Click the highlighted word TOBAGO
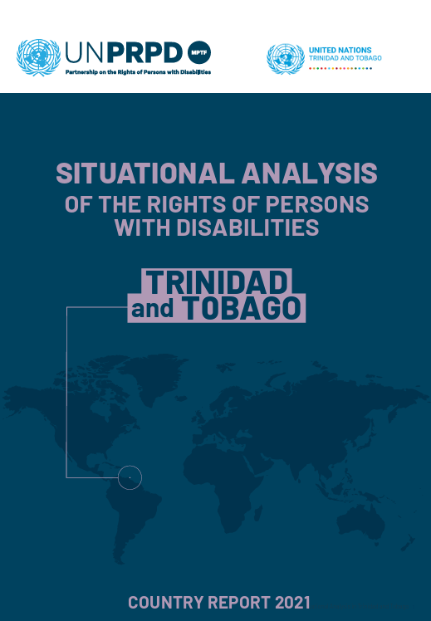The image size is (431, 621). [241, 309]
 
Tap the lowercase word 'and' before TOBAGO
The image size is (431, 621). [153, 310]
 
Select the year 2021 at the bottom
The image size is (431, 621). [287, 602]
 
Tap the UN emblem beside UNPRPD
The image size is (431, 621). [38, 56]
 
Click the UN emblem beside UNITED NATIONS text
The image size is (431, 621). [285, 58]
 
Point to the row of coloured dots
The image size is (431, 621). [340, 69]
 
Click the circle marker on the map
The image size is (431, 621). [130, 477]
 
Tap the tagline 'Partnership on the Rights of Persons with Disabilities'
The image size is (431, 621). [137, 72]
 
